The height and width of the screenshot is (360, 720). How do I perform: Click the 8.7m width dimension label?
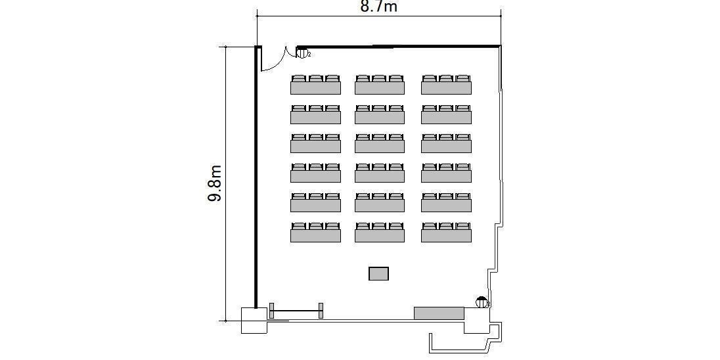coord(378,7)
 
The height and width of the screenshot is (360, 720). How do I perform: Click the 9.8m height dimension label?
coord(215,183)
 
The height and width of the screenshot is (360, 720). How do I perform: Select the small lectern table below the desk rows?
coord(379,273)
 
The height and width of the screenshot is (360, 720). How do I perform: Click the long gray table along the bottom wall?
coord(439,313)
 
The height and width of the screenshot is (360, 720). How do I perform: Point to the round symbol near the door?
coord(302,53)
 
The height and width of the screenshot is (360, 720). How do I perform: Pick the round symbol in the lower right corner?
coord(482,302)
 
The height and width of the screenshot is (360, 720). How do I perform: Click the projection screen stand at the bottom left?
coord(296,311)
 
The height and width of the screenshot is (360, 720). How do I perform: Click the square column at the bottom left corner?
coord(254,320)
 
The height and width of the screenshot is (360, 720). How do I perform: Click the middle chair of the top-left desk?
coord(315,78)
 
